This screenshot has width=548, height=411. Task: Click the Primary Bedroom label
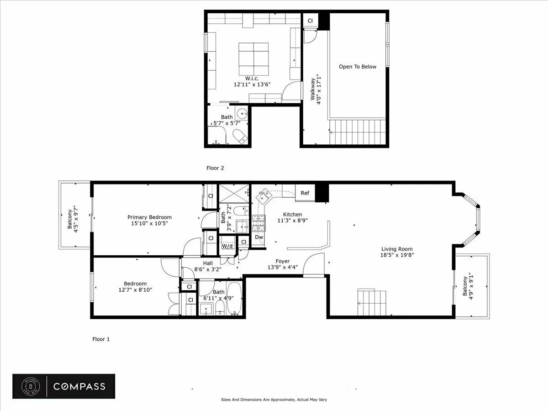click(149, 217)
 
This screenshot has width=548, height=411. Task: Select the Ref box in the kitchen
click(305, 193)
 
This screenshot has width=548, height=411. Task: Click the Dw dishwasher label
click(259, 237)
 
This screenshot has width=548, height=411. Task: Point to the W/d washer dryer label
click(227, 246)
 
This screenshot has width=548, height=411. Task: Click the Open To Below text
click(358, 67)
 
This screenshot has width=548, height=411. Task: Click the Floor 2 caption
click(215, 168)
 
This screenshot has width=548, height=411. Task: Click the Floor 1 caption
click(101, 339)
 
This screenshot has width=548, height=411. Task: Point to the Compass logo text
click(79, 386)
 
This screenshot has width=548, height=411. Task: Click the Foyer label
click(282, 262)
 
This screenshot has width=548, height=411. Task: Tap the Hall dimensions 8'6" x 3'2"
click(208, 269)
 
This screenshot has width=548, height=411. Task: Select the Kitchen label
click(292, 214)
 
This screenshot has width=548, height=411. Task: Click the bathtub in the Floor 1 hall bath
click(235, 299)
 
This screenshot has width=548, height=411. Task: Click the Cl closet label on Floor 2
click(310, 21)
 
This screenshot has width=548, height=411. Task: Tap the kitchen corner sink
click(263, 197)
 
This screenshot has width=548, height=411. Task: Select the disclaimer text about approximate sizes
click(274, 400)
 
